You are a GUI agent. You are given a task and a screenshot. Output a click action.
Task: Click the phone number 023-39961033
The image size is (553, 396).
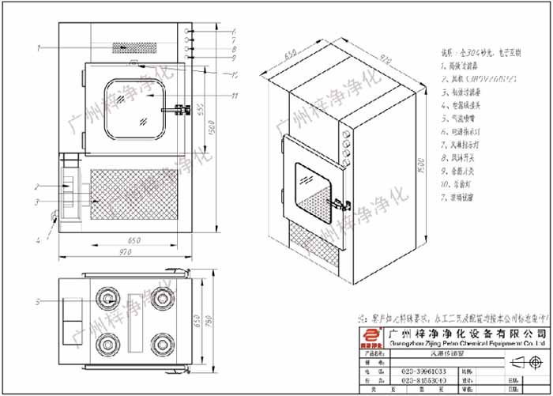tap(419, 370)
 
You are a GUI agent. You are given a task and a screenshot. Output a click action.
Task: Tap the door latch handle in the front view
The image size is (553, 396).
tap(184, 108)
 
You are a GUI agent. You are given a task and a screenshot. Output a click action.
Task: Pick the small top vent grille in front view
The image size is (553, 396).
tap(134, 47)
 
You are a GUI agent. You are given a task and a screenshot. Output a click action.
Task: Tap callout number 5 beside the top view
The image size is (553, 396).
tap(37, 301)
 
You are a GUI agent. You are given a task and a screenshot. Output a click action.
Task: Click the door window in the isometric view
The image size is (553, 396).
tap(312, 187)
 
